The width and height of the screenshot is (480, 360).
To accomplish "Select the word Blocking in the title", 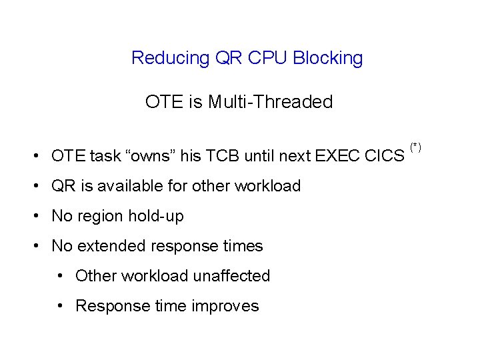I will point(328,59).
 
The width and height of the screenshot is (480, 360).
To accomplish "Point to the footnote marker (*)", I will point(415,146).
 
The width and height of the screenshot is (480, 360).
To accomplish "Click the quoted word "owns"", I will point(151,156).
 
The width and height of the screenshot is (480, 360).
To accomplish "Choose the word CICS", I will point(385,156).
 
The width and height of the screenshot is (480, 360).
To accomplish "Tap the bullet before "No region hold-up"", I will point(38,217).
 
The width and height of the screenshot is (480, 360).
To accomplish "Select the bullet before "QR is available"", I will point(38,186).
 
